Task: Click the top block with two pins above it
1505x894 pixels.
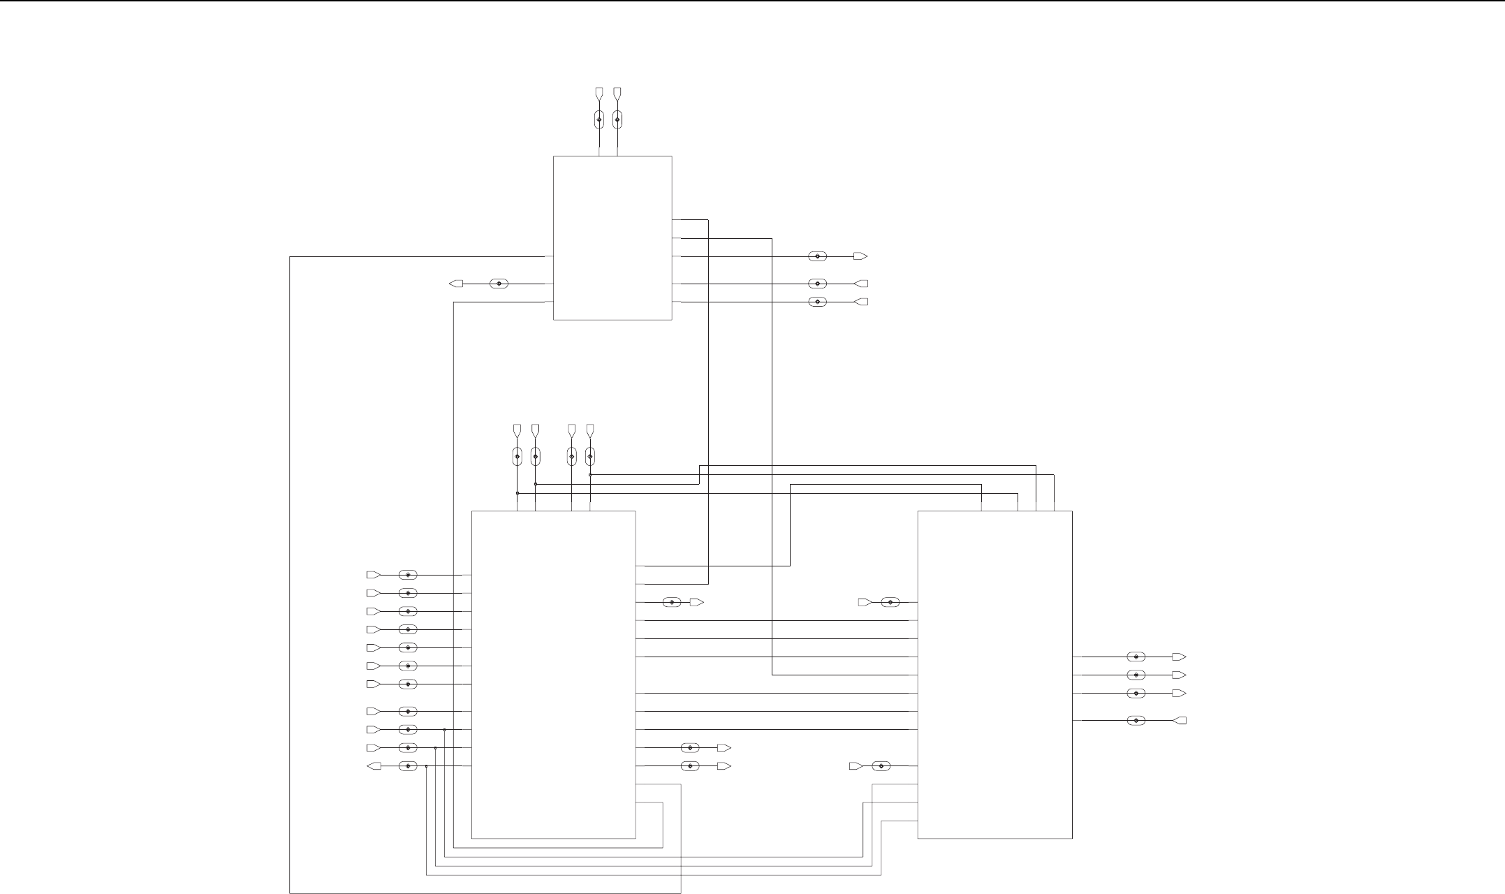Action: click(x=612, y=237)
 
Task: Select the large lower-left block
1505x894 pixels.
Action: click(x=553, y=674)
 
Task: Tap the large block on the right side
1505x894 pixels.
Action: click(x=994, y=674)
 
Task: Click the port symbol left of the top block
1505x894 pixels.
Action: click(x=456, y=284)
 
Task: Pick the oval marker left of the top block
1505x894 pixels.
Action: click(x=499, y=284)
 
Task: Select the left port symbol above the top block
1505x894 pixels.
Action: click(x=599, y=93)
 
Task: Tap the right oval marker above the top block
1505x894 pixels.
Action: click(x=617, y=119)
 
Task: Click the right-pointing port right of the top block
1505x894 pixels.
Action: click(x=860, y=256)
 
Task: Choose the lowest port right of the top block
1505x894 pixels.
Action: click(x=860, y=302)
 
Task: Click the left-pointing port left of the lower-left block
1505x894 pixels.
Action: click(x=374, y=766)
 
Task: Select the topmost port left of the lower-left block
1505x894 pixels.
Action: click(x=374, y=575)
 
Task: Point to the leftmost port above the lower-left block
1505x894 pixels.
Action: click(x=517, y=428)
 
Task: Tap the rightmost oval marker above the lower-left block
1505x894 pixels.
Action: click(x=590, y=457)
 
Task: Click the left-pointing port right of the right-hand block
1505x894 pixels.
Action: click(x=1180, y=721)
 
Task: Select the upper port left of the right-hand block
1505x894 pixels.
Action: click(x=865, y=602)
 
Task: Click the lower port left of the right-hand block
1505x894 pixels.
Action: click(x=856, y=766)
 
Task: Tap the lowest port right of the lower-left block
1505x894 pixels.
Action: click(x=724, y=766)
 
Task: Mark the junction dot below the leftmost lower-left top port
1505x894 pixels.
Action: click(x=517, y=493)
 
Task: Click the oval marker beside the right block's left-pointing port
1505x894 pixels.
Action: click(x=1136, y=721)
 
